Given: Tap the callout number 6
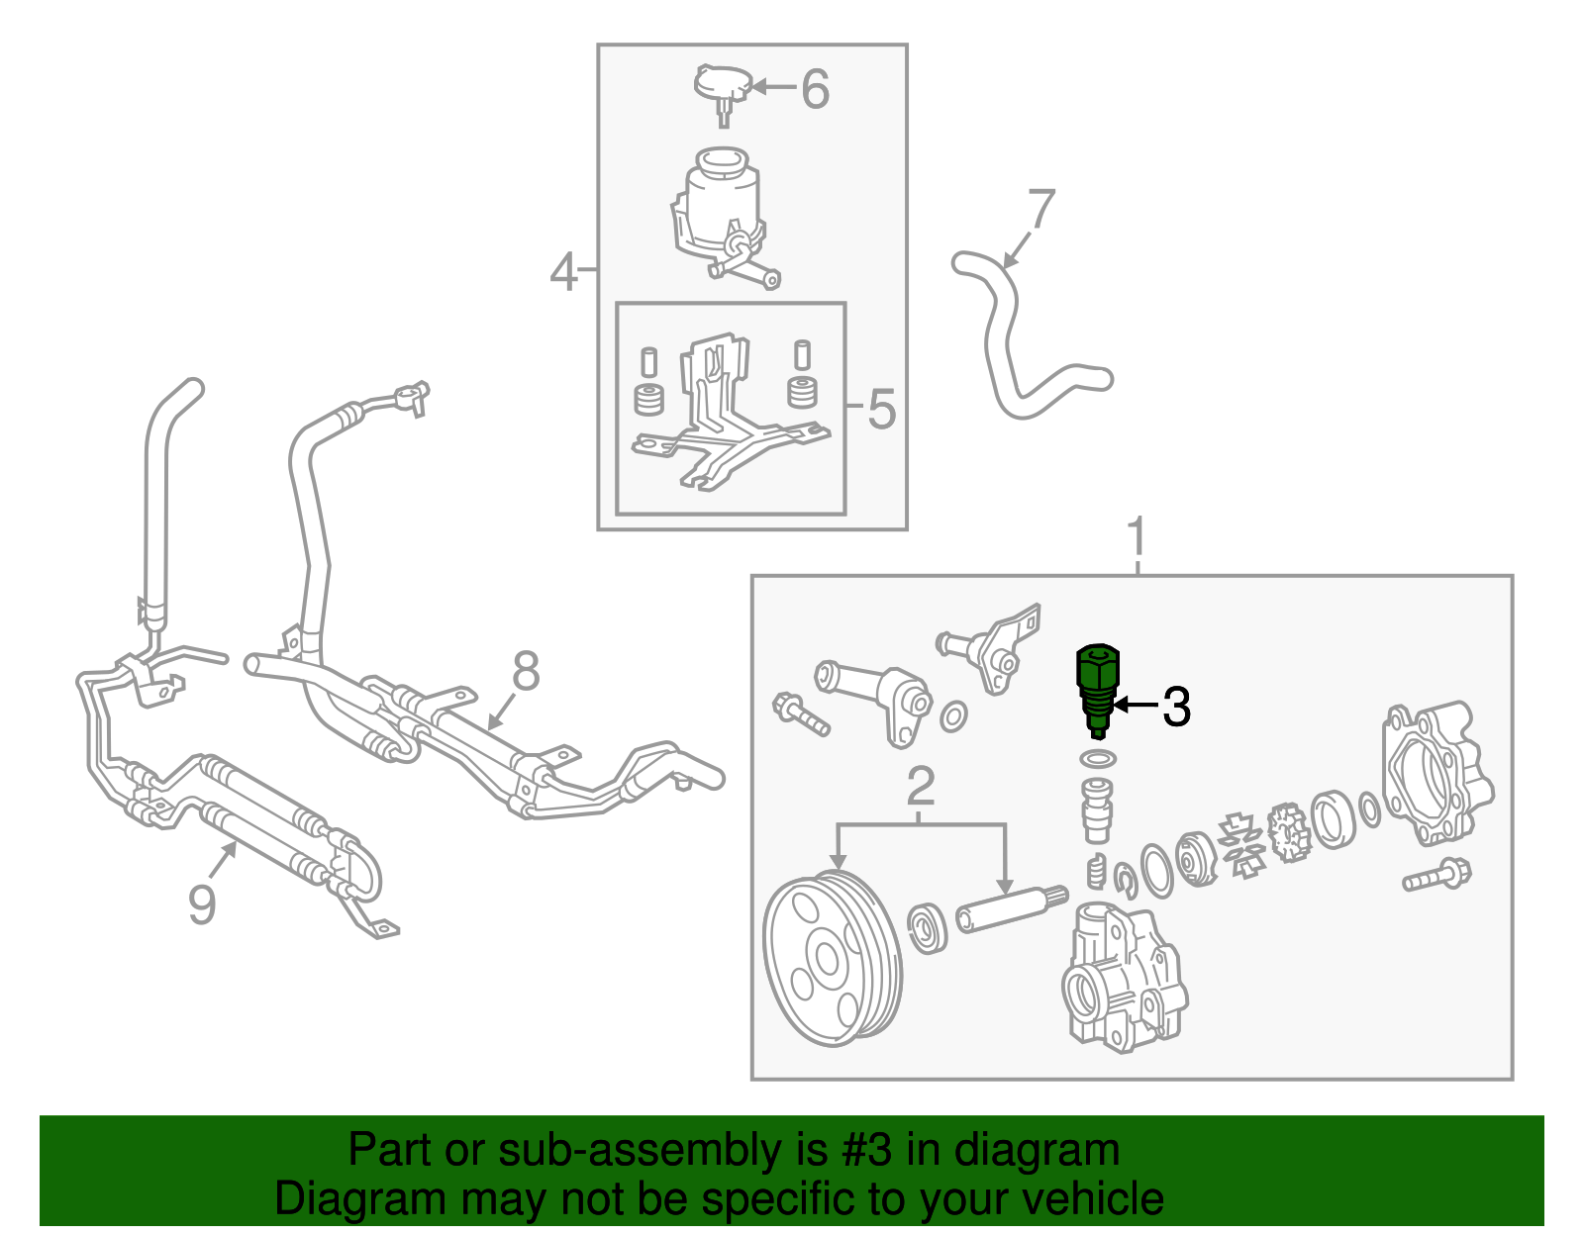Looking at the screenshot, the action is pos(815,89).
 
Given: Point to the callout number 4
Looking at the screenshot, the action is pos(563,272).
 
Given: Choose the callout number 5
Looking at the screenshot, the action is pos(881,409).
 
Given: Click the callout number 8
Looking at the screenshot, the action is pos(526,671).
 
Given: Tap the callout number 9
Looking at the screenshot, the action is pos(202,903).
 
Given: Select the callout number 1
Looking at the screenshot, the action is pos(1138,536).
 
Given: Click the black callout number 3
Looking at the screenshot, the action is pos(1176,706).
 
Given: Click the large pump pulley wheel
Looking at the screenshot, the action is pos(833,958).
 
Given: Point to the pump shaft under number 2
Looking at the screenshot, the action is pos(1012,910).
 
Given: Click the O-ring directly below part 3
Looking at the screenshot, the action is pos(1098,759).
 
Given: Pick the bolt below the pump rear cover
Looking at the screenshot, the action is pos(1436,876).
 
